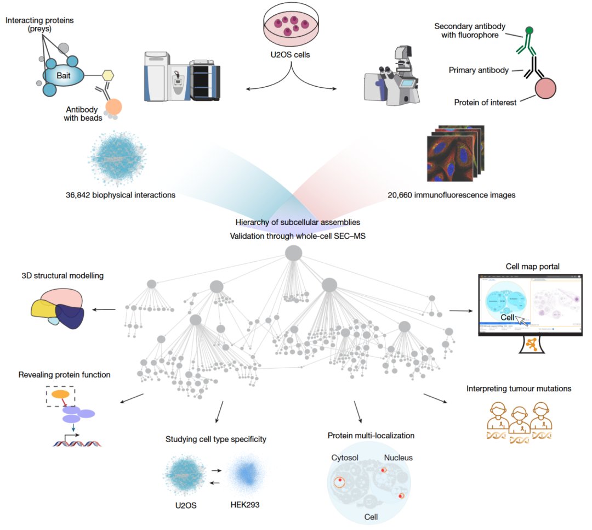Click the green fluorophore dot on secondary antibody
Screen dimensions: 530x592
click(529, 31)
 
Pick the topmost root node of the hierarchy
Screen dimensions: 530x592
click(294, 253)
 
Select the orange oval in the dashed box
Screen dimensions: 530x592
click(60, 393)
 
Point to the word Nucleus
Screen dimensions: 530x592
click(398, 458)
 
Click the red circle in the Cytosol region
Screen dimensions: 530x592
click(340, 482)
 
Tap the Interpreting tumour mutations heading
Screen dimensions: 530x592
click(519, 389)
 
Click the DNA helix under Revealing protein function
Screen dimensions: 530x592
click(77, 442)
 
